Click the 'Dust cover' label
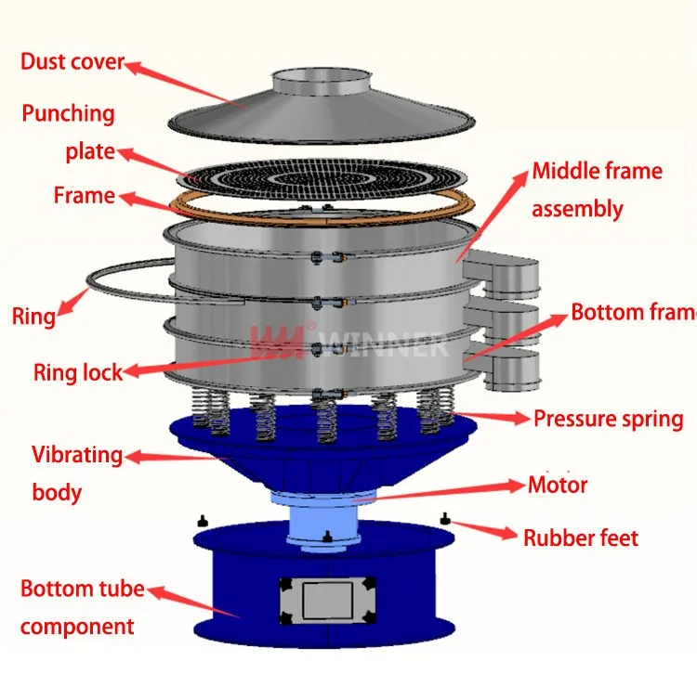pyautogui.click(x=72, y=63)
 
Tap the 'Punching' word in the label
pyautogui.click(x=69, y=114)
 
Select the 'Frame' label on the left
pyautogui.click(x=84, y=196)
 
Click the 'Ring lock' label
pyautogui.click(x=78, y=373)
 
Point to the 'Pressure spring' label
pyautogui.click(x=608, y=420)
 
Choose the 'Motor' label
pyautogui.click(x=558, y=485)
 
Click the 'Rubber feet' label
pyautogui.click(x=581, y=538)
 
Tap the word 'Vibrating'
pyautogui.click(x=77, y=455)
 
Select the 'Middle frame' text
pyautogui.click(x=597, y=172)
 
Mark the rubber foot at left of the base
pyautogui.click(x=201, y=521)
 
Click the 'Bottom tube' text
pyautogui.click(x=82, y=589)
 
